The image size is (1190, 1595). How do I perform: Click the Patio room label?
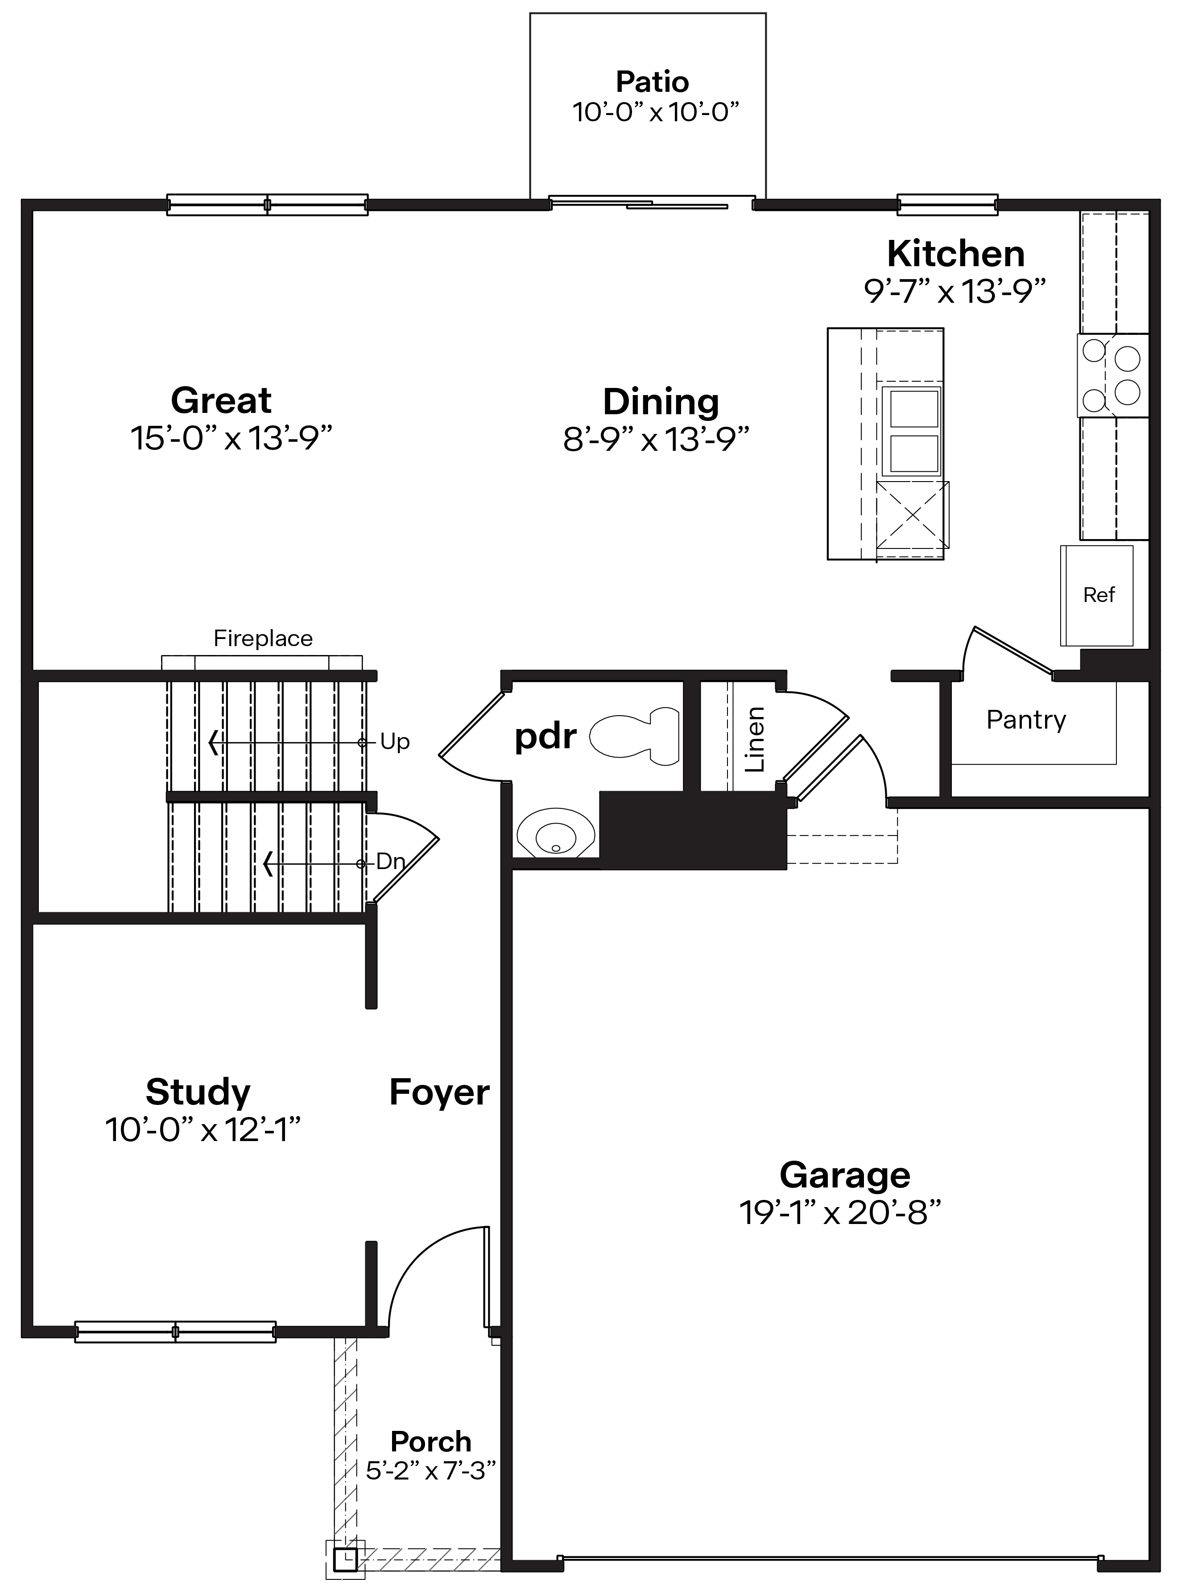pyautogui.click(x=652, y=82)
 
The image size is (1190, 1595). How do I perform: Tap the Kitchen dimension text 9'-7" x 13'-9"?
pyautogui.click(x=954, y=292)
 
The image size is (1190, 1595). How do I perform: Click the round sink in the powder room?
pyautogui.click(x=555, y=835)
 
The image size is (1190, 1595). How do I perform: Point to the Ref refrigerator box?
pyautogui.click(x=1098, y=595)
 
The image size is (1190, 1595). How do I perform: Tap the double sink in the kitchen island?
pyautogui.click(x=913, y=431)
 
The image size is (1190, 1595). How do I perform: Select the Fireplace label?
pyautogui.click(x=263, y=639)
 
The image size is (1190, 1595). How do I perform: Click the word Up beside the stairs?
pyautogui.click(x=395, y=742)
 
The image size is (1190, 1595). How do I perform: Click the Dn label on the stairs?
pyautogui.click(x=390, y=861)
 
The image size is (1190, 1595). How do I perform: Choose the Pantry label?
pyautogui.click(x=1026, y=719)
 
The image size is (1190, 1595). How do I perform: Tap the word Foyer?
pyautogui.click(x=439, y=1092)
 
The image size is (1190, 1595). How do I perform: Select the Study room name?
pyautogui.click(x=198, y=1092)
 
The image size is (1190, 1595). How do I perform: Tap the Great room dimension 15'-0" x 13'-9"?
pyautogui.click(x=231, y=438)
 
